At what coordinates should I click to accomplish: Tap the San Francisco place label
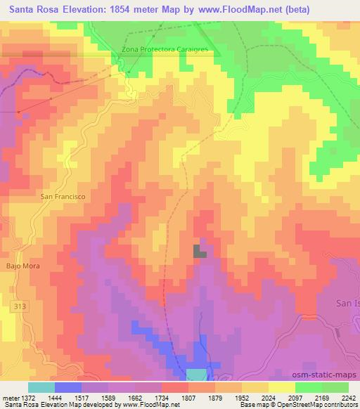(63, 197)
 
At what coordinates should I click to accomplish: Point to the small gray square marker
(200, 251)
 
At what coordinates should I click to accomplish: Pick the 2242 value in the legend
(347, 398)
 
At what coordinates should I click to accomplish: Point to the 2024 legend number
(266, 398)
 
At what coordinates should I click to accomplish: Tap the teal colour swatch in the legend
(41, 387)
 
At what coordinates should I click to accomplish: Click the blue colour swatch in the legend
(68, 387)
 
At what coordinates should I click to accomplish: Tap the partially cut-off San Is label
(346, 303)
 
